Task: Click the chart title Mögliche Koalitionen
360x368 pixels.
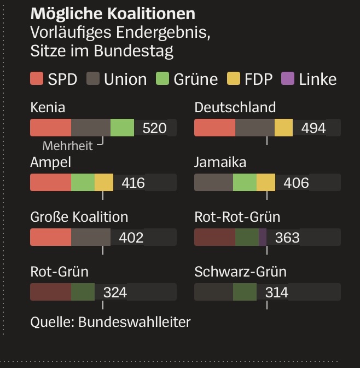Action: click(113, 13)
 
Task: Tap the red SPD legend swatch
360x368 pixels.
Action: click(37, 79)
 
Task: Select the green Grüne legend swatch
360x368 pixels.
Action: click(162, 79)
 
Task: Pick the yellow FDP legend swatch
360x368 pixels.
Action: click(234, 79)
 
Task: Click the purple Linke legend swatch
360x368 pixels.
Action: click(288, 79)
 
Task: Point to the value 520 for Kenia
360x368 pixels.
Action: click(154, 128)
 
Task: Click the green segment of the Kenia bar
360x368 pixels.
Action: click(122, 128)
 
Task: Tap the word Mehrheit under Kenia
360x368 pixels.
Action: click(67, 146)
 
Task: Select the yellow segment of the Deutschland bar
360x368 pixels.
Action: click(283, 128)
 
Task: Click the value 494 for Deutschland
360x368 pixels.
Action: click(313, 128)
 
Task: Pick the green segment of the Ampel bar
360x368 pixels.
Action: click(83, 182)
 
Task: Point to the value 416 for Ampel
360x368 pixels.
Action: click(133, 183)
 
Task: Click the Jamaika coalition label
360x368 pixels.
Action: click(220, 162)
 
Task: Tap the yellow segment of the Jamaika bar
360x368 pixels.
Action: click(266, 182)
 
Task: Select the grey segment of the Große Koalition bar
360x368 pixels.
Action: click(91, 237)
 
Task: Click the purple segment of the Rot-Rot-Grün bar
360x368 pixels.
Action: click(263, 237)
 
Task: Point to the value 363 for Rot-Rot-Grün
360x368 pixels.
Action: click(287, 238)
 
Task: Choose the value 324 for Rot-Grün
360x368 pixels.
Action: click(115, 292)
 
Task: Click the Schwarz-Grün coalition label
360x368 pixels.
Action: click(240, 272)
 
